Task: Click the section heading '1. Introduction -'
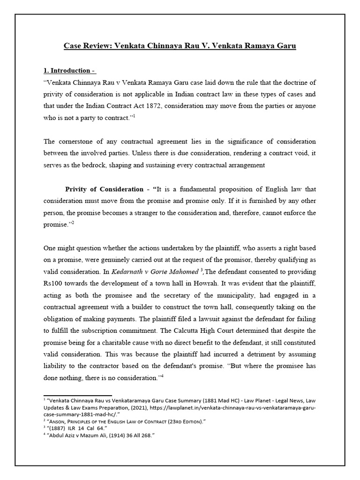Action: pos(69,71)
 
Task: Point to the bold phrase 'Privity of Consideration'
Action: pos(104,189)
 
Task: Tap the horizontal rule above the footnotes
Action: pos(77,395)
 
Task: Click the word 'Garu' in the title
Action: pos(285,47)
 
